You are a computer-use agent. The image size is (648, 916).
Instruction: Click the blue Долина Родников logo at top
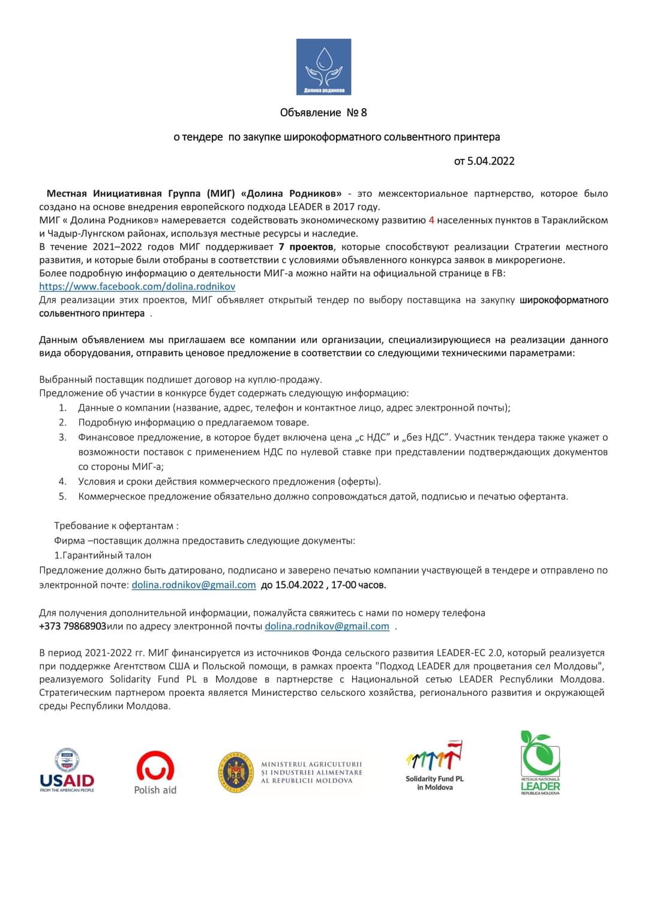tap(323, 67)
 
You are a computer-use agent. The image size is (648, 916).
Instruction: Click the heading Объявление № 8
tap(323, 113)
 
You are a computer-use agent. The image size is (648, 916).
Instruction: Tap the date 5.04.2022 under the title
tap(491, 161)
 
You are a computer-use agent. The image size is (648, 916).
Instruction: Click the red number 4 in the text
tap(431, 220)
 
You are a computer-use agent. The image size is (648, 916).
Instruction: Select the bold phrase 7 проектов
tap(306, 247)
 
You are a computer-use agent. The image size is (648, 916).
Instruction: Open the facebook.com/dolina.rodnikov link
tap(137, 287)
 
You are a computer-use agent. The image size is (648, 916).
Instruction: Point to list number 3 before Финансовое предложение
tap(62, 437)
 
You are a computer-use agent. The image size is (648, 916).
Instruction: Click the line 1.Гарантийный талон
tap(103, 555)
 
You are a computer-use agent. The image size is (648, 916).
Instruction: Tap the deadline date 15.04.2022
tap(299, 585)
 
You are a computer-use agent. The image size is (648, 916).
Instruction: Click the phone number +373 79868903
tap(73, 626)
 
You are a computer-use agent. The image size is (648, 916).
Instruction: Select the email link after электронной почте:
tap(194, 585)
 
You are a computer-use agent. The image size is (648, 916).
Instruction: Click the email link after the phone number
tap(327, 626)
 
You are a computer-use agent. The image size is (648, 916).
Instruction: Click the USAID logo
tap(67, 771)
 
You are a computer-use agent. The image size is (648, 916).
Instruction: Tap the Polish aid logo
tap(155, 773)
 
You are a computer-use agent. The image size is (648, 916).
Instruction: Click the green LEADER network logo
tap(540, 763)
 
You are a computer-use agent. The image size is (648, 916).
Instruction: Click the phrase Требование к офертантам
tap(116, 526)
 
